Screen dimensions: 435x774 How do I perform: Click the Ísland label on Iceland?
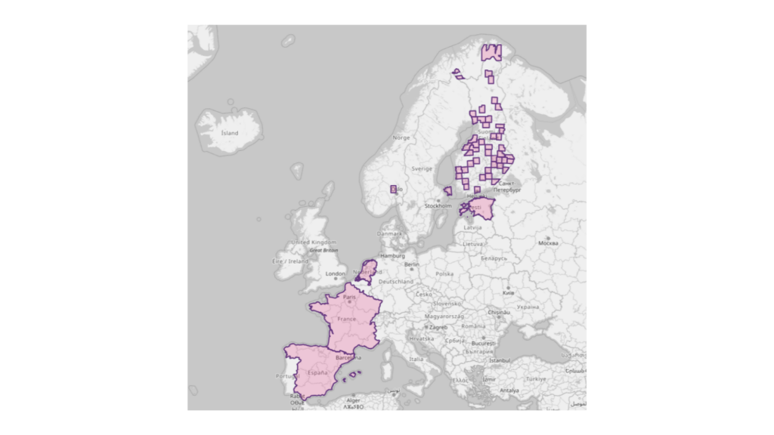click(x=229, y=133)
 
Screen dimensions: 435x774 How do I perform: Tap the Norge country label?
click(x=401, y=137)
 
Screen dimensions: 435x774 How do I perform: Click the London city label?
click(x=335, y=274)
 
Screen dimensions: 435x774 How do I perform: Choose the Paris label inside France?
click(x=349, y=297)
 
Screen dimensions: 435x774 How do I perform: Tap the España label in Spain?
click(x=318, y=373)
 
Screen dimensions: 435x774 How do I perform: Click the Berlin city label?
click(x=412, y=265)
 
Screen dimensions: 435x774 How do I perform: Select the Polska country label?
click(x=444, y=274)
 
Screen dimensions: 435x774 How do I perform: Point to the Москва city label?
click(x=548, y=244)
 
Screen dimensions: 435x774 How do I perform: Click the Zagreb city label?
click(x=438, y=328)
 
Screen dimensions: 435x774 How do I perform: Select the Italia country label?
click(x=416, y=359)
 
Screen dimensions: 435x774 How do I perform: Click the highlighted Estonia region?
click(x=479, y=208)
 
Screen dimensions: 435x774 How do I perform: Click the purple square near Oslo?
click(x=393, y=189)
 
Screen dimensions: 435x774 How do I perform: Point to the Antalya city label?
click(x=509, y=390)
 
